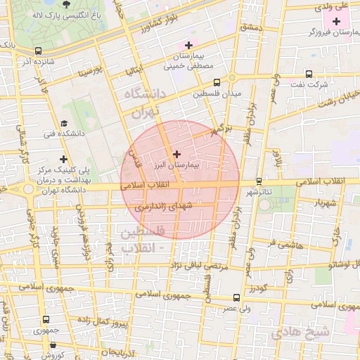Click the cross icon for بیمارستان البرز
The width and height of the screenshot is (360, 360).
click(176, 153)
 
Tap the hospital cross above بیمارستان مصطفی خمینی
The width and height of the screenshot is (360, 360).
click(188, 45)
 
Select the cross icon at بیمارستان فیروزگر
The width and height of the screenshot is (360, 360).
click(336, 21)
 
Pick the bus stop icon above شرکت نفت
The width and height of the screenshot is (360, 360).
click(308, 75)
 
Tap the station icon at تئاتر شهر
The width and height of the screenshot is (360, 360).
click(259, 181)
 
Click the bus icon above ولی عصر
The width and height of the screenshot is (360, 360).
click(236, 297)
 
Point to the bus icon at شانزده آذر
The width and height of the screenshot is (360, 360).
click(38, 51)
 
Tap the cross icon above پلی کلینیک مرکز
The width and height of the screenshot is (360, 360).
click(64, 160)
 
